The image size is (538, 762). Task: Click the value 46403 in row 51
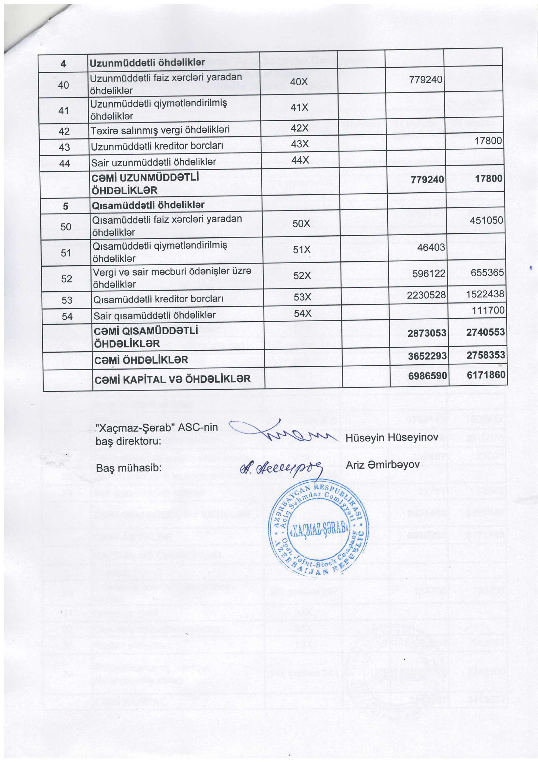click(431, 247)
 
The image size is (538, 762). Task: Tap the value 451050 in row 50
click(486, 220)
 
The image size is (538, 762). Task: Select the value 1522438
click(485, 294)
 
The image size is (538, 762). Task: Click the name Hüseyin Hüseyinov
click(392, 437)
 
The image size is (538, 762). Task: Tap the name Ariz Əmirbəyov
click(383, 465)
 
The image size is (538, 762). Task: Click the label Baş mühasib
click(129, 468)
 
